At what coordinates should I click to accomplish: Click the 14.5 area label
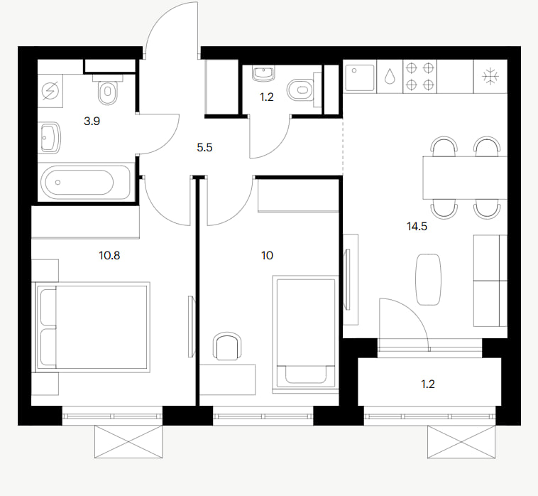coord(417,227)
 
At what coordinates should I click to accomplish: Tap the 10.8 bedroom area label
coord(109,256)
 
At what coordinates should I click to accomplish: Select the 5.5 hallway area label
coord(204,148)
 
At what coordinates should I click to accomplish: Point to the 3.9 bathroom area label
coord(92,122)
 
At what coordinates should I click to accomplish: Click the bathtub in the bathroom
coord(85,182)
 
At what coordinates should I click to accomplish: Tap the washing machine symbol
coord(50,91)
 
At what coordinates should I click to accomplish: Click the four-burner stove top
coord(419,76)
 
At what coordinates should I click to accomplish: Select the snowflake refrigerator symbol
coord(490,76)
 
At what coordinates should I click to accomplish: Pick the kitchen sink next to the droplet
coord(360,76)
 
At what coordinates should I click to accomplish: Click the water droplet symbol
coord(390,76)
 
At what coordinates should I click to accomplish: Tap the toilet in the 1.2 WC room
coord(302,90)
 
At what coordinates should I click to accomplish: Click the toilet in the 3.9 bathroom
coord(108,90)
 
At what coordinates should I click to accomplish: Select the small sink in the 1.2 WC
coord(263,74)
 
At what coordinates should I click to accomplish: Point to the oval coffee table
coord(428,279)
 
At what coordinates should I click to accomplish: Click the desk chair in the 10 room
coord(227,346)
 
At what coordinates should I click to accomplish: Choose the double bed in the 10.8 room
coord(93,328)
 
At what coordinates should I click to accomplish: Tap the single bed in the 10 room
coord(305,333)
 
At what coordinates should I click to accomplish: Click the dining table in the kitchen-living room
coord(465,178)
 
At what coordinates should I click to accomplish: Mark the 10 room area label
coord(268,256)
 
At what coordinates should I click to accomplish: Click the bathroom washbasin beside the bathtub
coord(50,138)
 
